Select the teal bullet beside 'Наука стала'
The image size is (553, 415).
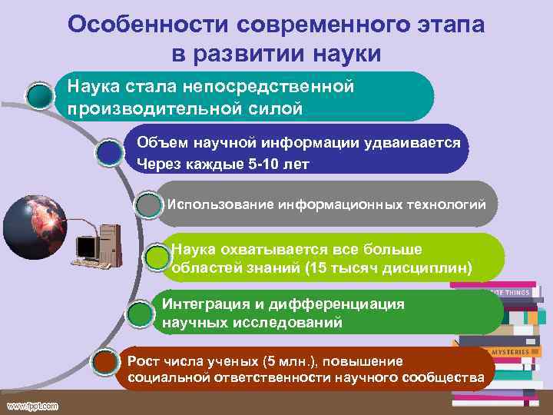[40, 95]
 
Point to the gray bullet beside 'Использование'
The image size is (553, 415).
[147, 206]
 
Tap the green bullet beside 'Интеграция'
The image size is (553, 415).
[138, 314]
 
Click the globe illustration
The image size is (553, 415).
[35, 224]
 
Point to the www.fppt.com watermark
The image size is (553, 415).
[34, 404]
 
